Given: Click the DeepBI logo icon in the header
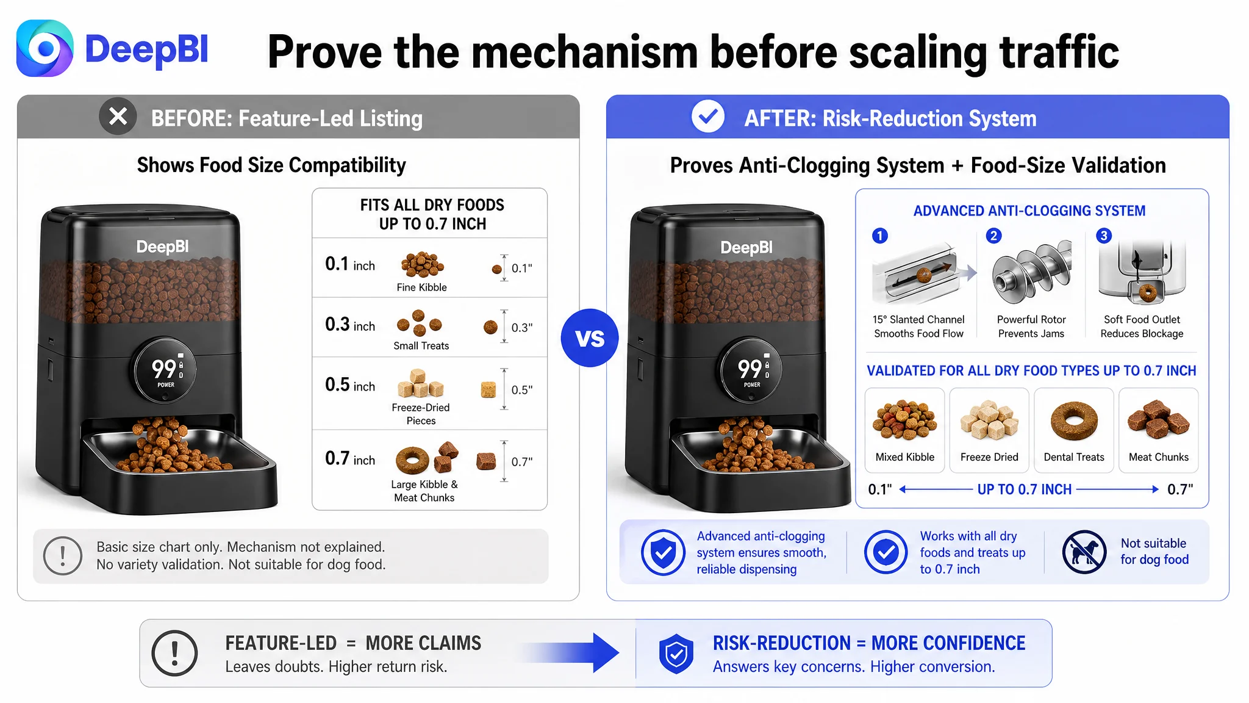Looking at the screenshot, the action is [x=45, y=48].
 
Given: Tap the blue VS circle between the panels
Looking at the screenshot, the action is [x=590, y=338].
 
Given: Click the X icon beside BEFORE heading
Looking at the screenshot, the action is [x=118, y=116].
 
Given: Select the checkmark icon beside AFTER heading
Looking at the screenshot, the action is [x=707, y=116].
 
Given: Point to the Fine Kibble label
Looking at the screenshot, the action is [x=421, y=287].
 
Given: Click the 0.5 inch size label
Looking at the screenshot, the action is [x=350, y=385].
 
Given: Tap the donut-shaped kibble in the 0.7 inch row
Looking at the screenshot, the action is [x=412, y=460].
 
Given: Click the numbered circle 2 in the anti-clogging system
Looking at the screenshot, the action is [x=993, y=236].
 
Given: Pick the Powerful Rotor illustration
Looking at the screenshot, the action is [x=1031, y=273].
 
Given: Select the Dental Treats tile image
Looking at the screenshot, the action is [x=1074, y=420].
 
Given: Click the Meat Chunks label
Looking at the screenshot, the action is [x=1159, y=457].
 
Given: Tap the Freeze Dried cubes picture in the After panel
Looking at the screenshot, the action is [x=989, y=420].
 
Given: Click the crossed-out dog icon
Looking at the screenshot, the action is [x=1084, y=552].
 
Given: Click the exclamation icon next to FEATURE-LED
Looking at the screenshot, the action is [x=174, y=653].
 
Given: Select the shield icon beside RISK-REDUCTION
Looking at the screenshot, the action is [x=676, y=654].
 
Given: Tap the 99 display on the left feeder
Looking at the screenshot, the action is [x=163, y=369].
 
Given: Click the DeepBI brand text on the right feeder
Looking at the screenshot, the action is [x=746, y=248].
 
